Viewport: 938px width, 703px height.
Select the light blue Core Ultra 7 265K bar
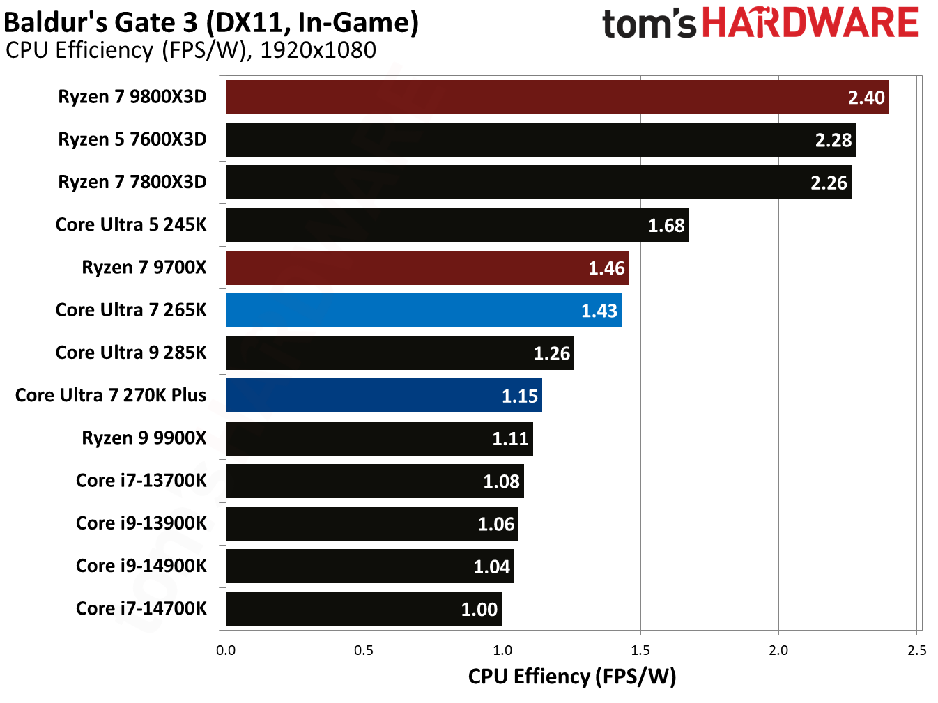[423, 310]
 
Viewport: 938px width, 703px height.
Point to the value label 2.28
[833, 140]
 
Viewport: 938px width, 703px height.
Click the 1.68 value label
[666, 225]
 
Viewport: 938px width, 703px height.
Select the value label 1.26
[551, 353]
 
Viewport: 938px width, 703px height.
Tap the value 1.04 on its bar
[491, 566]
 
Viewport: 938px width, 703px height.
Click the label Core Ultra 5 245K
[131, 224]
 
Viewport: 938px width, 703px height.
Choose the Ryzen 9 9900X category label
[144, 438]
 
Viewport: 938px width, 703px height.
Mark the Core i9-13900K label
[141, 523]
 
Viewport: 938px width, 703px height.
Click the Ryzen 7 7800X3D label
[132, 182]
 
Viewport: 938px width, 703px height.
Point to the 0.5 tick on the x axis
[364, 650]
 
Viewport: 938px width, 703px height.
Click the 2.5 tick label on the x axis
[916, 650]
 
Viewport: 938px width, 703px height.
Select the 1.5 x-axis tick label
[640, 650]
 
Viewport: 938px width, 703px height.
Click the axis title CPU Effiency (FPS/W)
[571, 676]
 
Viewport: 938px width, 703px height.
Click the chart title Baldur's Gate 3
[210, 22]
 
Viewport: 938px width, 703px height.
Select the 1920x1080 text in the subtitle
[318, 50]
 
